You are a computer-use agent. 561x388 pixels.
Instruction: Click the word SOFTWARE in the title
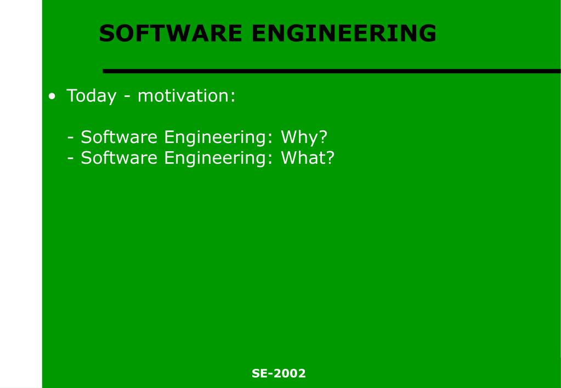point(171,33)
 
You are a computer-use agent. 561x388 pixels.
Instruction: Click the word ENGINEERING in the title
point(344,33)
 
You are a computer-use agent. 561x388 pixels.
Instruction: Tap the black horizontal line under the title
point(332,71)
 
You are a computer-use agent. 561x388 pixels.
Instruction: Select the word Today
point(91,96)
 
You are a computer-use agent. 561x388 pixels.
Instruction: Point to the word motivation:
point(186,96)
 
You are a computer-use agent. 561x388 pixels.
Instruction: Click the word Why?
point(304,137)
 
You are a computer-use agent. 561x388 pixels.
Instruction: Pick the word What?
point(307,158)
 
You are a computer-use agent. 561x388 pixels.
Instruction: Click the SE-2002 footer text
point(279,374)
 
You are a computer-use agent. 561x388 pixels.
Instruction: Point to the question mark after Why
point(323,137)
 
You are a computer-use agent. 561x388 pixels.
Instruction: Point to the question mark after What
point(330,158)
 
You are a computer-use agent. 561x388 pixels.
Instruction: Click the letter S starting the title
point(106,33)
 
